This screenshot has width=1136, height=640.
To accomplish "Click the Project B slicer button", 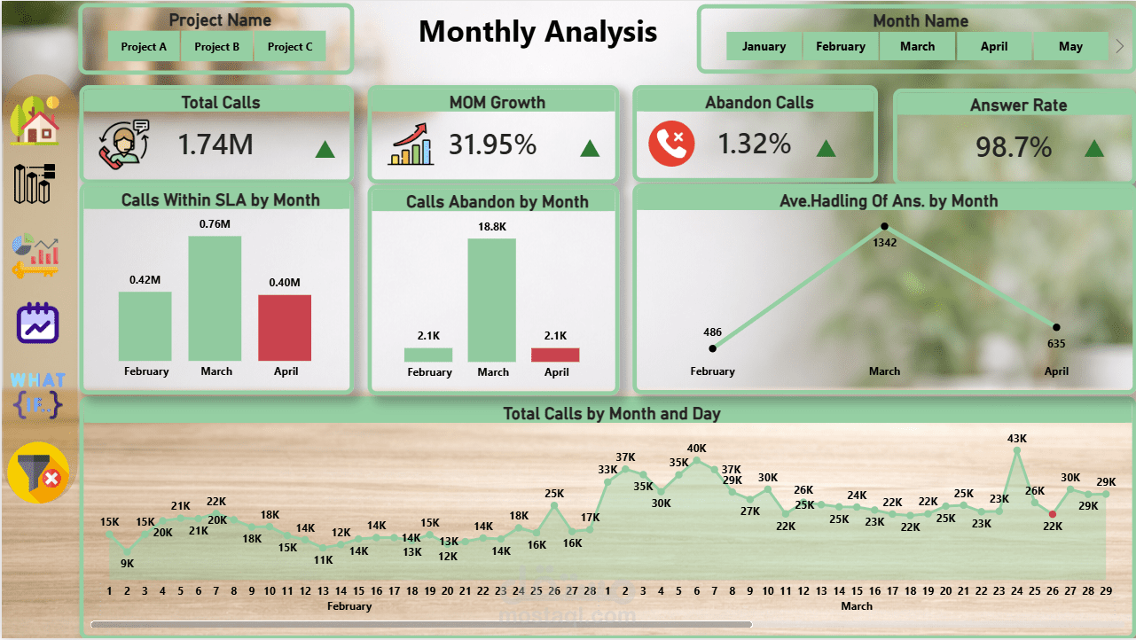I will point(217,47).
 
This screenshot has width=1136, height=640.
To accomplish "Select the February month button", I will point(841,47).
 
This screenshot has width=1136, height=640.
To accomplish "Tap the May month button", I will point(1070,47).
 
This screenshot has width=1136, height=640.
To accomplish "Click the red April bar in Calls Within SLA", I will point(285,328).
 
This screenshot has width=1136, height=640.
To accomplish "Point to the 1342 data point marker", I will point(884,226).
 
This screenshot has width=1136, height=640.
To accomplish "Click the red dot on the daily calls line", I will point(1053,514).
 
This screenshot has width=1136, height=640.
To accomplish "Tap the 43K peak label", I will point(1017,438).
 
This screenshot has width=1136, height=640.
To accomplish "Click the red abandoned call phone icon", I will point(671,144).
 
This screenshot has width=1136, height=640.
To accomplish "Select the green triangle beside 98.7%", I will point(1094,148).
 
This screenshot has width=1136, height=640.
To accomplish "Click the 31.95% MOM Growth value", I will point(492,144).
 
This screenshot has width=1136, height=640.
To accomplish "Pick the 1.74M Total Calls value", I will point(215,144).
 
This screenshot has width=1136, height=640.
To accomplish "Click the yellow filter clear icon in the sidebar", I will point(38,472).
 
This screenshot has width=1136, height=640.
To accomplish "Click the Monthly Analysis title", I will point(537,32).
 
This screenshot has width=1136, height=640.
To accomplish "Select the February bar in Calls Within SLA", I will point(145,326).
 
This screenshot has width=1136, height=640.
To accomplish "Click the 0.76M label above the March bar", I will point(216,223).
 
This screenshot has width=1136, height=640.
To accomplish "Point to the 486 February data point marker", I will point(713,348).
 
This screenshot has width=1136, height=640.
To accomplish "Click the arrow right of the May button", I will point(1119,47).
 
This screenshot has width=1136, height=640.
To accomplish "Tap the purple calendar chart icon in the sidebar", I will point(37,324).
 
